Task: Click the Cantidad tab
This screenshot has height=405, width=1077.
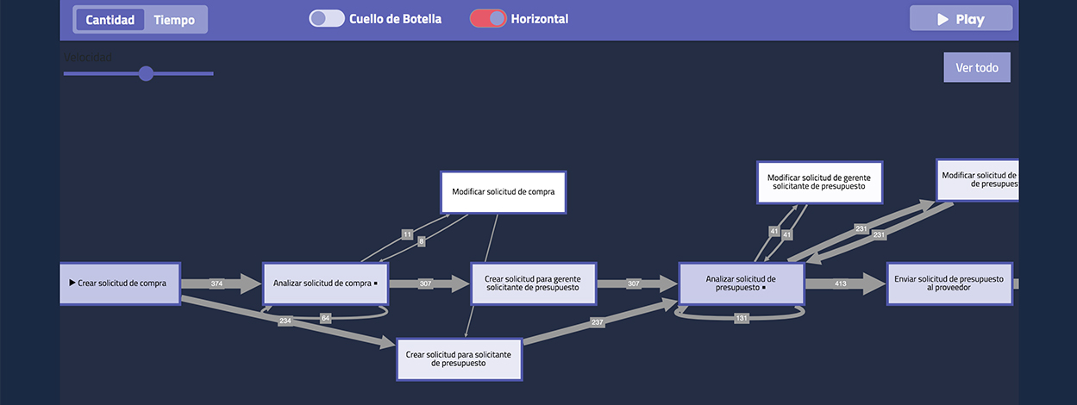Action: [x=110, y=20]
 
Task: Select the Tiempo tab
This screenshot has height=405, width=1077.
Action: [x=174, y=20]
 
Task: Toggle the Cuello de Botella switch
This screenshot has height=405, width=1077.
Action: [x=327, y=19]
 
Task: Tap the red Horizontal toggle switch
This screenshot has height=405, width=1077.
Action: [x=488, y=19]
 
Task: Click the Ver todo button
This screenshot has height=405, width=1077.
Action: [x=976, y=67]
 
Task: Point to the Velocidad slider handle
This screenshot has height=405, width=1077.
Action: [x=146, y=73]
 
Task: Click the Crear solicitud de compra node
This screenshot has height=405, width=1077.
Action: [x=120, y=283]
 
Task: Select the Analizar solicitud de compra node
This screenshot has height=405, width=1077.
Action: [x=325, y=283]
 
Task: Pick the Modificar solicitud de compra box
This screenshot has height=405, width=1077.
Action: [x=503, y=192]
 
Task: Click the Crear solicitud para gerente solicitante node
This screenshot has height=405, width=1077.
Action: [x=533, y=283]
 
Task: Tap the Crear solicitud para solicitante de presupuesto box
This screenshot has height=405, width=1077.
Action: [x=459, y=359]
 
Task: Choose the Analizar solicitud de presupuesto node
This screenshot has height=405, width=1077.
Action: [x=742, y=283]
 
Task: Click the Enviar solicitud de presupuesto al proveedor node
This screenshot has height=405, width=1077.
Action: [x=949, y=283]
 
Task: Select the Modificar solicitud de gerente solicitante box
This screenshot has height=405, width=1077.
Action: [x=819, y=182]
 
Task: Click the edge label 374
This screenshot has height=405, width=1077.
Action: [x=216, y=283]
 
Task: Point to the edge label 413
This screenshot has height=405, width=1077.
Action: [x=840, y=283]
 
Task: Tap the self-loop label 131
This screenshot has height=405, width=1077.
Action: [x=742, y=318]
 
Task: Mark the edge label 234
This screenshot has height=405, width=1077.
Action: [x=285, y=321]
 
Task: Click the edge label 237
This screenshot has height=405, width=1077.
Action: [x=596, y=322]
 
